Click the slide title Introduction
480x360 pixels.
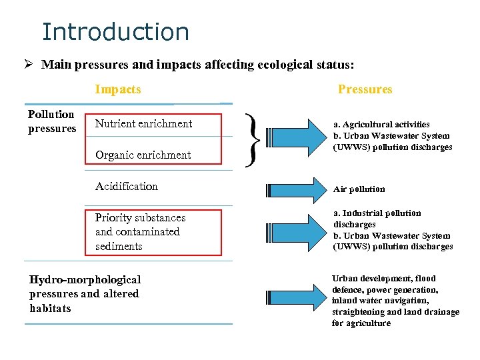coord(115,31)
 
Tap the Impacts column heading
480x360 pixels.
coord(118,89)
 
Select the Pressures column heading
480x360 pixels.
coord(365,89)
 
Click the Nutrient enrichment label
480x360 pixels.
coord(143,123)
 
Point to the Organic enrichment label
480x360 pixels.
coord(143,155)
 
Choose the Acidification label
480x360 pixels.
coord(127,186)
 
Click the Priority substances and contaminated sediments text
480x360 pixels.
coord(140,232)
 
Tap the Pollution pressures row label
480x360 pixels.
coord(52,121)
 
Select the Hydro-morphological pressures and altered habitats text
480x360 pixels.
coord(85,294)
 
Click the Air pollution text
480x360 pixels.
coord(359,189)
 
